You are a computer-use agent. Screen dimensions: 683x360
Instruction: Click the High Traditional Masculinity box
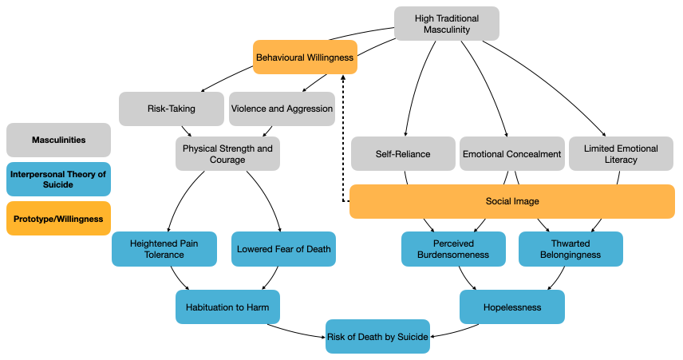click(447, 23)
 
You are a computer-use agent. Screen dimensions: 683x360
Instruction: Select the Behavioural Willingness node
click(305, 57)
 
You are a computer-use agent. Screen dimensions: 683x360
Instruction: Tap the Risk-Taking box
click(172, 109)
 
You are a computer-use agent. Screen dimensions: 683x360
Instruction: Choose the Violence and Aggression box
click(282, 109)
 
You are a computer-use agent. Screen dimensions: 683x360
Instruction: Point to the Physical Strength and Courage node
click(227, 154)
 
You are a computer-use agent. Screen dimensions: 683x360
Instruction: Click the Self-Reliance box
click(403, 154)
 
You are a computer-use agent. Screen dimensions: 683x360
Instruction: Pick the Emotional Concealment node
click(511, 154)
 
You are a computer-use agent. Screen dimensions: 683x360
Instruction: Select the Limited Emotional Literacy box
click(621, 154)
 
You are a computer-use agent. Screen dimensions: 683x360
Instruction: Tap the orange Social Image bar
click(512, 201)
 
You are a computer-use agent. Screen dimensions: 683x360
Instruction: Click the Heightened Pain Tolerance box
click(164, 249)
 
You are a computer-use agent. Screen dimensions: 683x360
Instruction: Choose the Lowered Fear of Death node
click(283, 249)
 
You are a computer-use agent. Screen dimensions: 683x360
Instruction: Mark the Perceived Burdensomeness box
click(453, 249)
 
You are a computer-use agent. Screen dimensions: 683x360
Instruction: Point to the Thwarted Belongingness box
click(570, 249)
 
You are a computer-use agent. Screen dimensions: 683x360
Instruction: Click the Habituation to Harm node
click(227, 307)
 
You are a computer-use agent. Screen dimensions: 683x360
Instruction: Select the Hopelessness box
click(512, 307)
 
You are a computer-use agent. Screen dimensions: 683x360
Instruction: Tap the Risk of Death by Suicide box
click(377, 337)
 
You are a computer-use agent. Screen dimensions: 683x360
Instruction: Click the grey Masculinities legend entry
click(58, 140)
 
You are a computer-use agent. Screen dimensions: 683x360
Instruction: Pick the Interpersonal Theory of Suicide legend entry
click(58, 179)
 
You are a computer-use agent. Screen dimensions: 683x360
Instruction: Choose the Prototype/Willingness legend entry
click(58, 219)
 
